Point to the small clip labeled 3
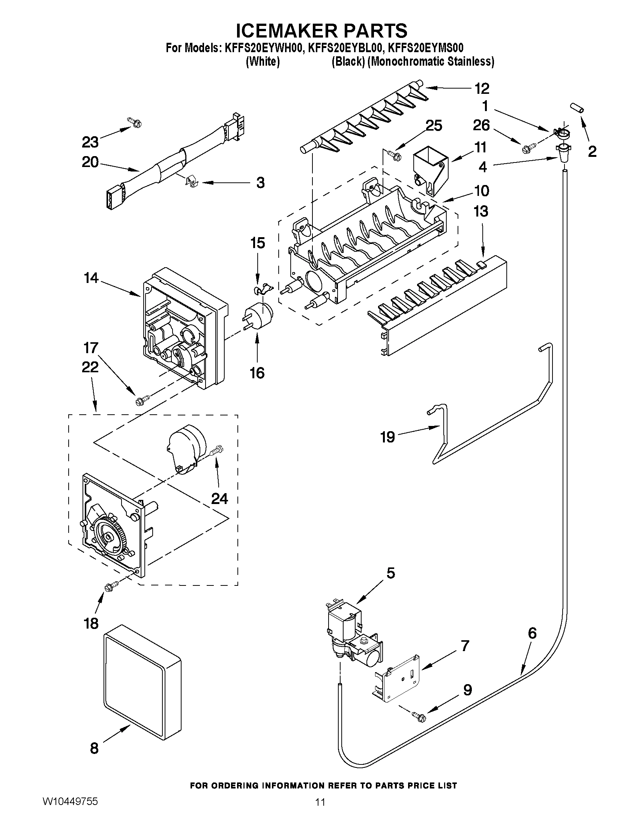[192, 182]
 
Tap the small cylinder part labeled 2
[578, 107]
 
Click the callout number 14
[91, 278]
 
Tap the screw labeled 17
[143, 399]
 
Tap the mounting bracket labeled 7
[397, 681]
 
